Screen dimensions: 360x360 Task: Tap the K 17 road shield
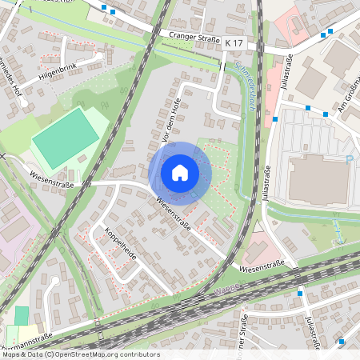232,42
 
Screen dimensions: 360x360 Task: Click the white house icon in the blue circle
180,172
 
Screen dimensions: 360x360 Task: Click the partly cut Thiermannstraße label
28,337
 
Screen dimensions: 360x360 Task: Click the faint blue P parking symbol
350,158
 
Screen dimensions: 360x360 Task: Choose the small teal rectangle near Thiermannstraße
22,315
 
